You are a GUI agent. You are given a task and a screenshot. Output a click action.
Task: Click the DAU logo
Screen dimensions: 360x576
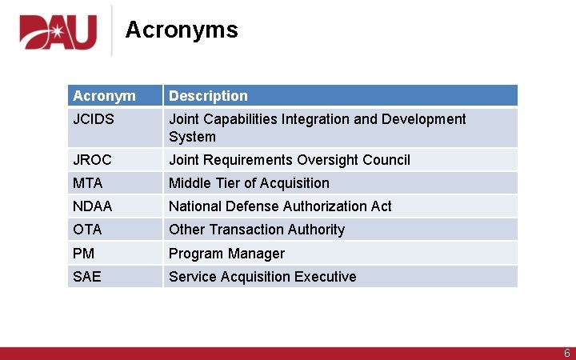point(58,33)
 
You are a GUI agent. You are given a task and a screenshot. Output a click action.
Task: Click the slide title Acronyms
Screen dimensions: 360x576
point(182,30)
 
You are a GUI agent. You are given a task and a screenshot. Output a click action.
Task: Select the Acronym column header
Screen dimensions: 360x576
point(104,96)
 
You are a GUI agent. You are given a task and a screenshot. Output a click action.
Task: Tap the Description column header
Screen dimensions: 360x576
point(208,96)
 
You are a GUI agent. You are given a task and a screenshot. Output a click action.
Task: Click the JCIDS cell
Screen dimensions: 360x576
point(94,119)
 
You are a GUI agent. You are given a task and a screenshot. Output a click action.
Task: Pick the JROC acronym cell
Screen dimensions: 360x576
point(93,160)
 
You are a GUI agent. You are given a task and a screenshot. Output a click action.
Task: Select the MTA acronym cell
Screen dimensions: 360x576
point(87,183)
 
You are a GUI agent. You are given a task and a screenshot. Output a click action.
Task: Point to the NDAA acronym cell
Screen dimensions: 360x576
point(92,206)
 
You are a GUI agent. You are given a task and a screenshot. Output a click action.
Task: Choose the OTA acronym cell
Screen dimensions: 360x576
point(87,230)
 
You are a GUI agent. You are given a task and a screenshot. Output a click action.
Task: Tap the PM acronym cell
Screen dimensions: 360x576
point(83,254)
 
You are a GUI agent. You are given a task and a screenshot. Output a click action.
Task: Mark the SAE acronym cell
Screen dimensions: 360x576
point(86,277)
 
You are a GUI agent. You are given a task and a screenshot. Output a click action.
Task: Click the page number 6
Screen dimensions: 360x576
point(566,353)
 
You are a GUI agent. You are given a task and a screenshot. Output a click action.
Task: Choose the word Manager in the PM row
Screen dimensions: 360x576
point(255,254)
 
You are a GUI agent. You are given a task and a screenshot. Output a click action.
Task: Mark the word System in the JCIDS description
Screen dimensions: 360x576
point(192,137)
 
